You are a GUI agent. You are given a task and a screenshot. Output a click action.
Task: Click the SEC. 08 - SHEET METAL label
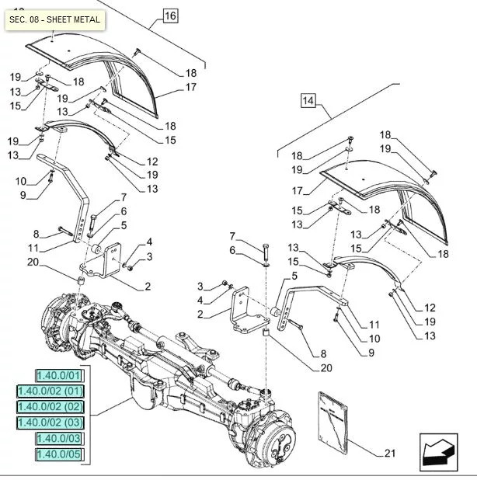click(x=54, y=19)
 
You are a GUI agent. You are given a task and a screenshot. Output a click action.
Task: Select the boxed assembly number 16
click(x=171, y=16)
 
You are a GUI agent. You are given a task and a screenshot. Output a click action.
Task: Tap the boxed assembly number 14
click(x=308, y=99)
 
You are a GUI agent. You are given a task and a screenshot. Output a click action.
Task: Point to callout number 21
click(x=389, y=452)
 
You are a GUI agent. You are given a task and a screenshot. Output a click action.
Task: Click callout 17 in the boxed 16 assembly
click(x=190, y=88)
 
